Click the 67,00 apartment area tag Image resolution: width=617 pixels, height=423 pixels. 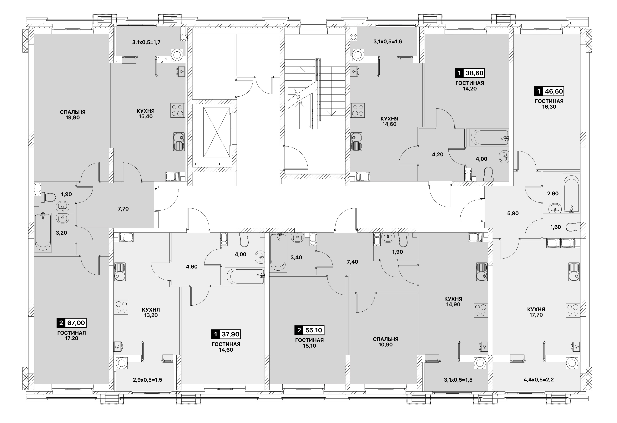coord(72,323)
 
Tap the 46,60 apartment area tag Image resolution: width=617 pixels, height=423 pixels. coord(549,91)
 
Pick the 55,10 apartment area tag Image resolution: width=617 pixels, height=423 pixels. coord(310,330)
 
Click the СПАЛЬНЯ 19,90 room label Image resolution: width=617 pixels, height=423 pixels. coord(73,115)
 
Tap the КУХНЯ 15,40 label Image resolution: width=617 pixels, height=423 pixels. coord(145,114)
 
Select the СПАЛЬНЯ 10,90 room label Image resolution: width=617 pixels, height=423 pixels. coord(386,342)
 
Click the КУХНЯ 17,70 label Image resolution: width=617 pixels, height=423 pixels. coord(536,312)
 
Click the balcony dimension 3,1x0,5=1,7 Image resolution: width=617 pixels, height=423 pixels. coord(146,42)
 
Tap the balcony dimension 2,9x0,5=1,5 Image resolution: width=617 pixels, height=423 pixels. coord(148,380)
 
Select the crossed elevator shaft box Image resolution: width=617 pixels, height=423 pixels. coord(217,132)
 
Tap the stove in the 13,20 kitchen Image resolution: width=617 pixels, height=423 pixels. coord(121,307)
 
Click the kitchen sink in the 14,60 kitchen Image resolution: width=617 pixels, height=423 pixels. coord(357,142)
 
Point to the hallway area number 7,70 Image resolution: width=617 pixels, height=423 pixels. coord(123,209)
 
